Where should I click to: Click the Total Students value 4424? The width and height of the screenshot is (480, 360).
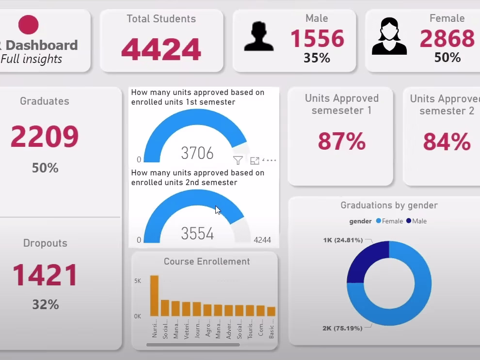click(161, 49)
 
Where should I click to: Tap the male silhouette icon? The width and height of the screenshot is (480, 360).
click(258, 37)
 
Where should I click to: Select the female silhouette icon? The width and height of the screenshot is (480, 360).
click(389, 37)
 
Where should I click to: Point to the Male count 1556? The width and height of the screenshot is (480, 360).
click(317, 39)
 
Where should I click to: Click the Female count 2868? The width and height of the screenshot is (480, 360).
click(447, 39)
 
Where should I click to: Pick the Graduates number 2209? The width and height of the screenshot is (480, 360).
click(45, 137)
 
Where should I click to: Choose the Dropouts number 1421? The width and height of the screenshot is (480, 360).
click(45, 276)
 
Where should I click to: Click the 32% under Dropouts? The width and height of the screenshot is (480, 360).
click(45, 305)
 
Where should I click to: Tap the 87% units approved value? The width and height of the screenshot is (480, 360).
click(341, 141)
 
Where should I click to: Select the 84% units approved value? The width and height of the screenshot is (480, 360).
click(447, 142)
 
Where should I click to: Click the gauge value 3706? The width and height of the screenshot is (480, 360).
click(197, 153)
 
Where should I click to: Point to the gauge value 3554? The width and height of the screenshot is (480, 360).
click(197, 234)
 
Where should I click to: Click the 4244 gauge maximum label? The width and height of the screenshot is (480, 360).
click(262, 240)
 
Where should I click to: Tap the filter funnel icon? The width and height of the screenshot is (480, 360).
click(238, 160)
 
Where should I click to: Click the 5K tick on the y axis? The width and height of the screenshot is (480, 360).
click(138, 281)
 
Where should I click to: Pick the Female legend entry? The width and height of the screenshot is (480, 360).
click(389, 221)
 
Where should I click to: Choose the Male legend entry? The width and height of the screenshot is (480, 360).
click(416, 221)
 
